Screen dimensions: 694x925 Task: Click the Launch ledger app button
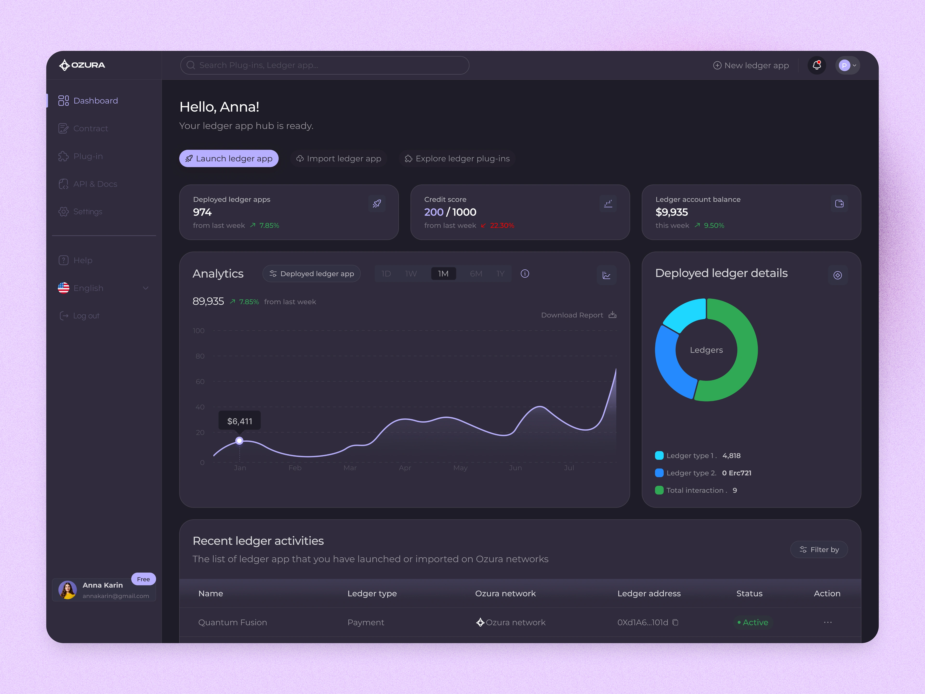pos(229,159)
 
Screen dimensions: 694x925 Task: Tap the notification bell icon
pos(816,65)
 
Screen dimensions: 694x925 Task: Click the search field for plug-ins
pos(324,65)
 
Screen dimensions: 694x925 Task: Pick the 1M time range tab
pos(443,274)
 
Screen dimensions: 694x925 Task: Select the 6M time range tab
pos(476,274)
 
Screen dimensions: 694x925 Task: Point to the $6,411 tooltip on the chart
pos(240,421)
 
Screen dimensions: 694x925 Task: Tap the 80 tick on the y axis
pos(200,356)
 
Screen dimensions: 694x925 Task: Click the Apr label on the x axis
pos(405,468)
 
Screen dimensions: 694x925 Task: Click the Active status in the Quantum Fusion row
pos(753,622)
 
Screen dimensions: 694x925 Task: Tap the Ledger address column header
pos(649,593)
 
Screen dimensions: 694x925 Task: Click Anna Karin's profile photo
pos(67,590)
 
